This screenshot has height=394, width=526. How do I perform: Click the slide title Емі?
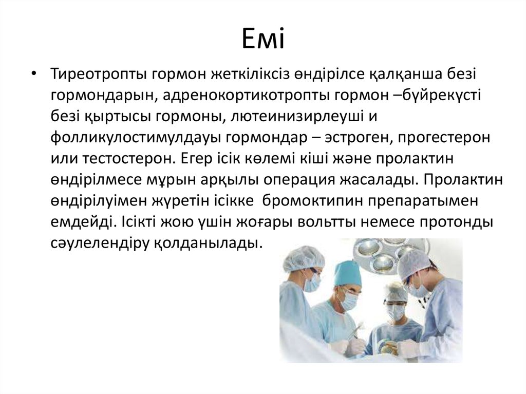(263, 40)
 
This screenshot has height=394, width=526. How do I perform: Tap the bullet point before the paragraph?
(34, 74)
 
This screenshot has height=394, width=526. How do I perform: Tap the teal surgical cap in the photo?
(347, 273)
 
